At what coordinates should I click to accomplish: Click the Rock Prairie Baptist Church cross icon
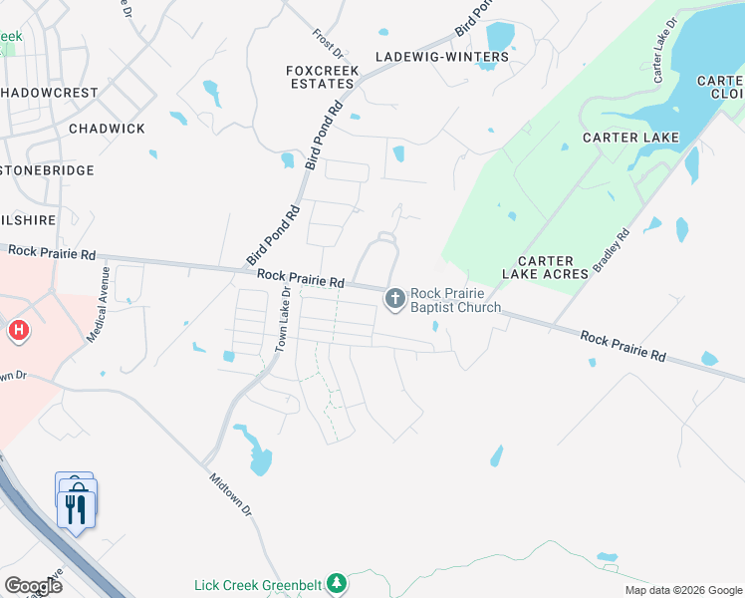(395, 298)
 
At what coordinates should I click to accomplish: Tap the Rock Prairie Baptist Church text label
(455, 300)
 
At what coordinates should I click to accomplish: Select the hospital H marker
(17, 330)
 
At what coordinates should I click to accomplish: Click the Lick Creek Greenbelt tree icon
(338, 582)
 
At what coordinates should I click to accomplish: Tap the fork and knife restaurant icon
(77, 509)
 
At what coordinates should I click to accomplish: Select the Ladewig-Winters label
(441, 57)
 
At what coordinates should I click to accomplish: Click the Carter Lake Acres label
(545, 267)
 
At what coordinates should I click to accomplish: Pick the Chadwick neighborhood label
(107, 129)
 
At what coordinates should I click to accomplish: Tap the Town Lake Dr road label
(282, 319)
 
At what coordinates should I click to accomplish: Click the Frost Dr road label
(325, 40)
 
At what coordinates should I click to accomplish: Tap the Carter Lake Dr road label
(664, 49)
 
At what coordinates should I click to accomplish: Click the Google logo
(33, 586)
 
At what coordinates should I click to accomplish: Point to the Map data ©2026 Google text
(682, 590)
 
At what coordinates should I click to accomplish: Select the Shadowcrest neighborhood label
(50, 93)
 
